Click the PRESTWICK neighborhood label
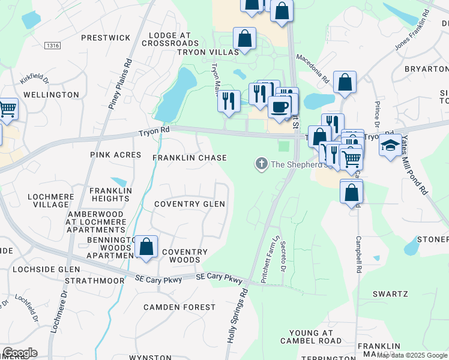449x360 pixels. (106, 38)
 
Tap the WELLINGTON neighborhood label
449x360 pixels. (51, 95)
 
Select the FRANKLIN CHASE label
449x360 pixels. (189, 158)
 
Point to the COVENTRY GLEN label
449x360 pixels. (189, 204)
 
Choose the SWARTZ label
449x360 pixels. (390, 294)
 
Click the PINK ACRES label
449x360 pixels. (115, 155)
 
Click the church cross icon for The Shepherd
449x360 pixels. (261, 163)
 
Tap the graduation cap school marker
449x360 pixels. (390, 146)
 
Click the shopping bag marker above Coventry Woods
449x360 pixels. (146, 247)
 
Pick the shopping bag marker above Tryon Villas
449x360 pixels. (244, 39)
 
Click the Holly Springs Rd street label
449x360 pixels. (237, 316)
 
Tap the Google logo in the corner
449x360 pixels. (19, 353)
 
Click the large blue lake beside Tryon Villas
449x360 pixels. (177, 93)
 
